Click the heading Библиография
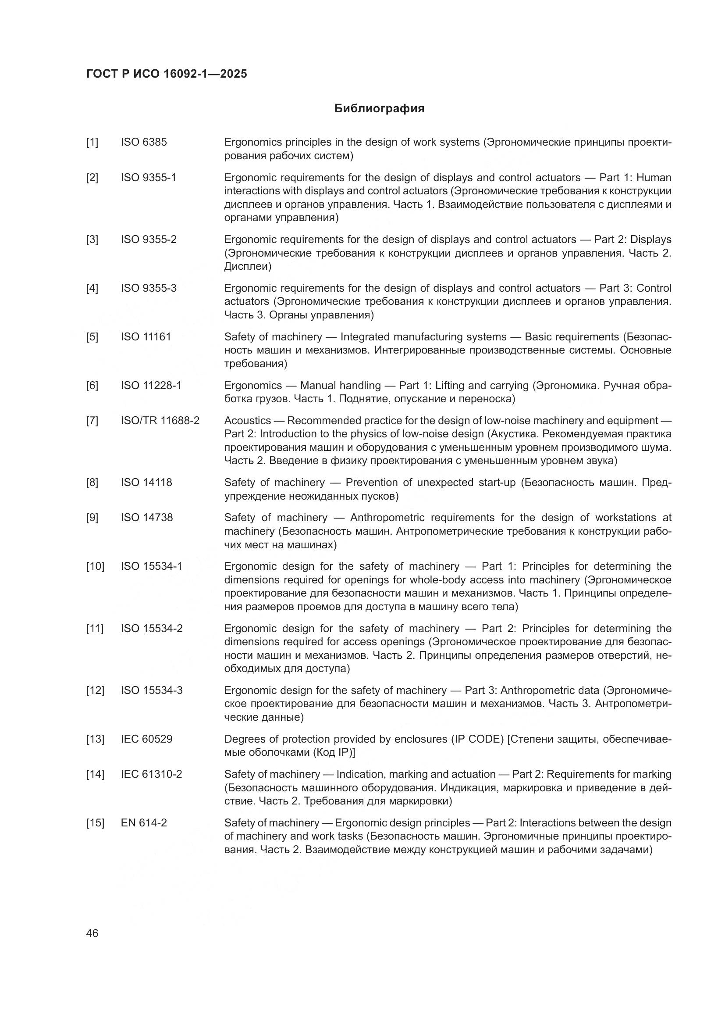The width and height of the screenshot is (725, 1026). tap(379, 109)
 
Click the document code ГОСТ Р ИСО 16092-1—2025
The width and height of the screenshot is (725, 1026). tap(167, 74)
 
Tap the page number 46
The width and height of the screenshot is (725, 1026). tap(92, 933)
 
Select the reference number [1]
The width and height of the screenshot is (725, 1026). tap(92, 143)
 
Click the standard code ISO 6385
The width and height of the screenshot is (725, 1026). tap(144, 143)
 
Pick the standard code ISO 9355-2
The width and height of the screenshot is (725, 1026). tap(149, 240)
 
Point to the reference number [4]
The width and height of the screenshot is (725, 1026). tap(92, 289)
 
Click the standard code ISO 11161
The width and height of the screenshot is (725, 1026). tap(146, 337)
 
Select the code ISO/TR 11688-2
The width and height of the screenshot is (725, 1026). tap(160, 421)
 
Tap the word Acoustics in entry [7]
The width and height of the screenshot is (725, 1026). tap(248, 421)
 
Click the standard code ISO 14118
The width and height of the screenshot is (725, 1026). tap(146, 483)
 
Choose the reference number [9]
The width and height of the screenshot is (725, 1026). tap(92, 518)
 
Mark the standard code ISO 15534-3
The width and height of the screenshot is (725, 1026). tap(152, 691)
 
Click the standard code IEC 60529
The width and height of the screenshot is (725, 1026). tap(146, 739)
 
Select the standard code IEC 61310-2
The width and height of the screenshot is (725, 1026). tap(151, 774)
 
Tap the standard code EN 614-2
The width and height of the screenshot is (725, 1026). tap(144, 823)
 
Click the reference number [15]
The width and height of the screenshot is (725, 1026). tap(95, 823)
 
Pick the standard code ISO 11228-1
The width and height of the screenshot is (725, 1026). tap(151, 386)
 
